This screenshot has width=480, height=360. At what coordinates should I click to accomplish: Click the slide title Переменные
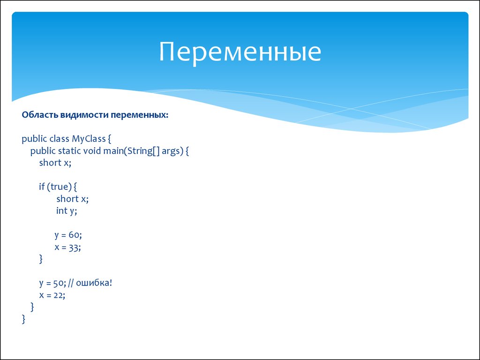(240, 52)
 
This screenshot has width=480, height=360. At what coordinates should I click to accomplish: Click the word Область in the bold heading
(40, 115)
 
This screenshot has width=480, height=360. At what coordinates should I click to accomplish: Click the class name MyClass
(89, 139)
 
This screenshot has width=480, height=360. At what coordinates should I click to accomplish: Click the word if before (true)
(42, 187)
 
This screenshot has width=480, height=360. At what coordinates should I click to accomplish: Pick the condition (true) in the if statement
(59, 187)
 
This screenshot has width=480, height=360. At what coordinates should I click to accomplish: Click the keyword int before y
(61, 210)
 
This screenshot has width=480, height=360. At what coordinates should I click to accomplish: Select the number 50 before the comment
(58, 283)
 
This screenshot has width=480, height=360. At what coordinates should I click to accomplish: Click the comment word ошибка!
(94, 283)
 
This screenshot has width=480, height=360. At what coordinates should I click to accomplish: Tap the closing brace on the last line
(23, 319)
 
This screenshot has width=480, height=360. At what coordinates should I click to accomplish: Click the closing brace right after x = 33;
(41, 259)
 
